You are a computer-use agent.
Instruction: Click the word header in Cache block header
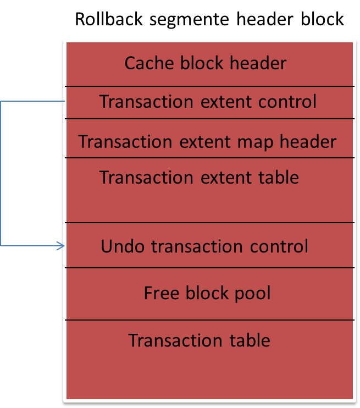[x=258, y=63]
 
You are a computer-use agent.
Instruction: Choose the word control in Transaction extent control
[x=290, y=102]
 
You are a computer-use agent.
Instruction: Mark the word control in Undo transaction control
[x=281, y=246]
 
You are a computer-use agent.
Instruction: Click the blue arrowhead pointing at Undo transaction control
[x=62, y=245]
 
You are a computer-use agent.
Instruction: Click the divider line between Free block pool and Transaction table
[x=209, y=320]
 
